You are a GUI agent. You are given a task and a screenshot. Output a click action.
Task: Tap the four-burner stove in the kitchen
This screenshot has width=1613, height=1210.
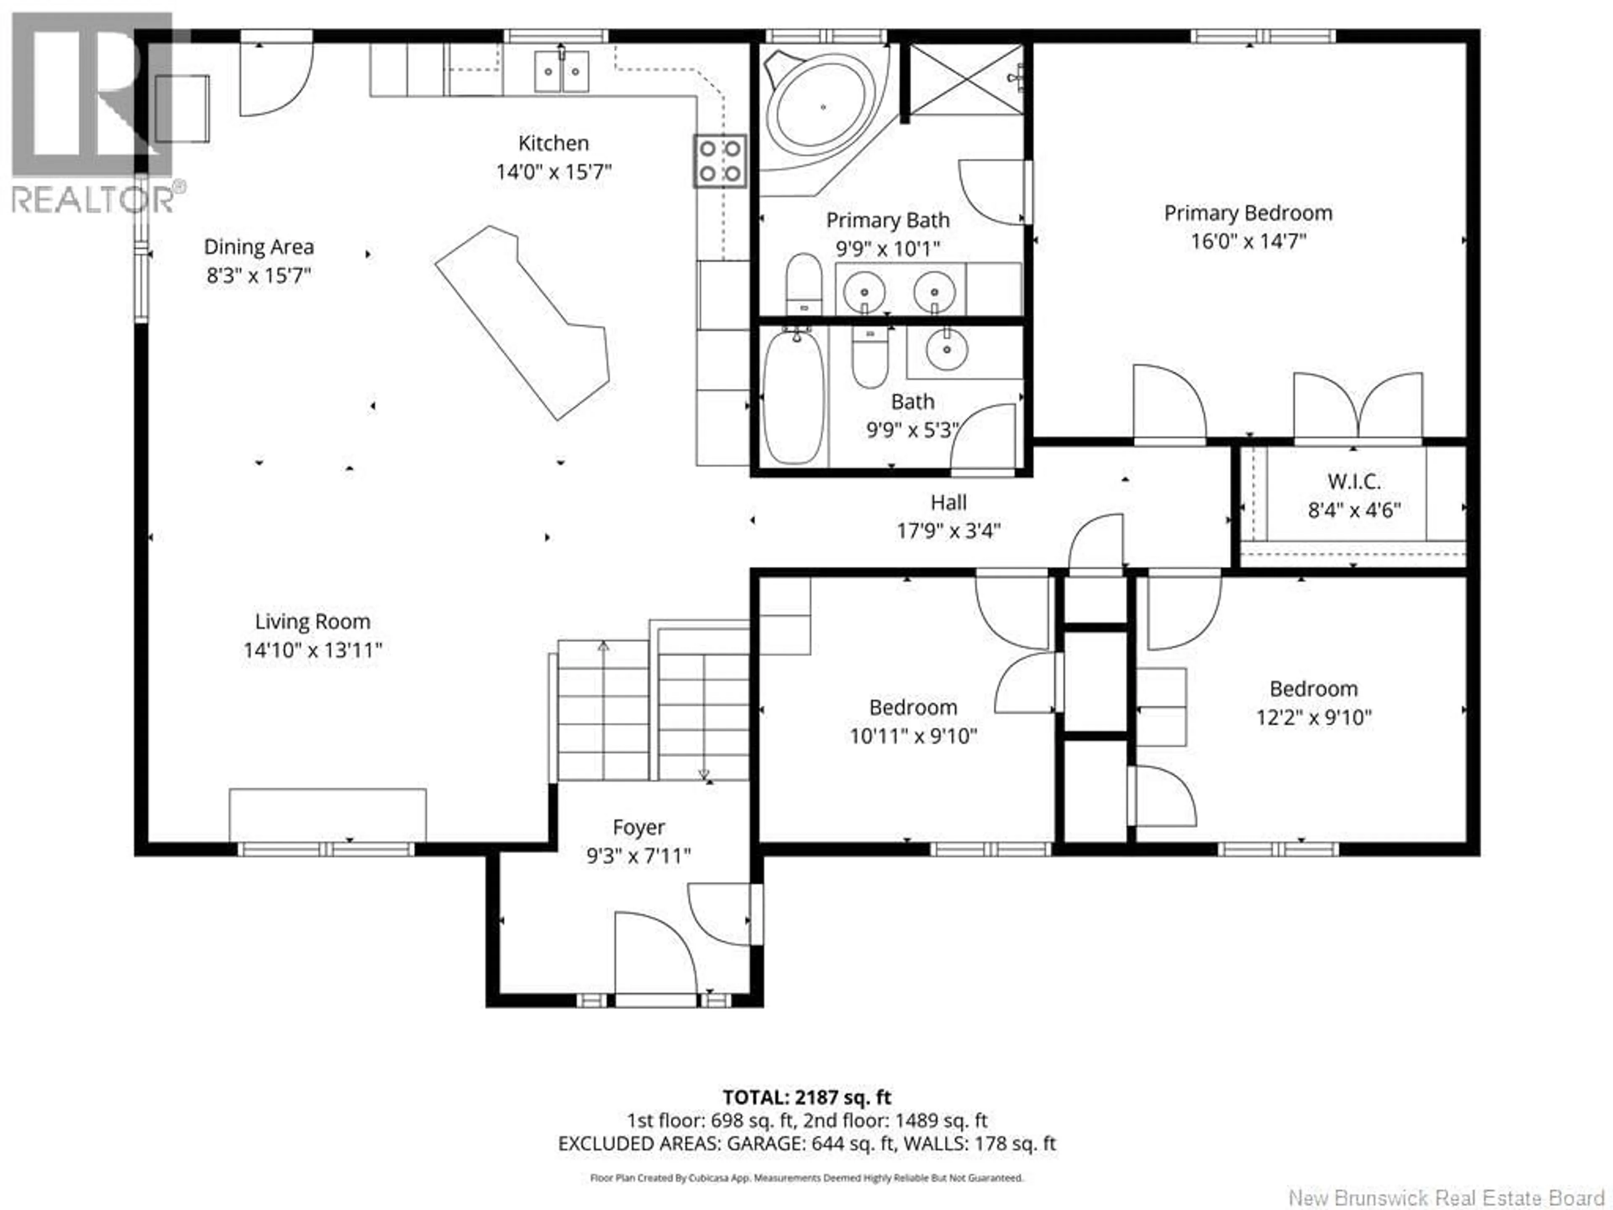pos(720,161)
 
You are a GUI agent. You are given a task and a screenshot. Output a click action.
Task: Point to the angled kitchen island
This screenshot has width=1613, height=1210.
pos(522,321)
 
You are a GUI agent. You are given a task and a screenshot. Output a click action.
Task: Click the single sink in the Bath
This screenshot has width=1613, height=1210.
pos(946,350)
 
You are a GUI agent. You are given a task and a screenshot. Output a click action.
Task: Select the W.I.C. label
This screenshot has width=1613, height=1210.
pos(1353,481)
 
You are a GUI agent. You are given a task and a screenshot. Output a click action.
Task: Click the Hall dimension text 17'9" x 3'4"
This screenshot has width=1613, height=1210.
pos(948,531)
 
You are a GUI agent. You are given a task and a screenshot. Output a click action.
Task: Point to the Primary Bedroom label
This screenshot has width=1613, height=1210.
pos(1248,213)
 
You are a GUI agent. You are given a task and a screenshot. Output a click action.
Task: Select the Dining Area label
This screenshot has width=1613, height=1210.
pos(259,247)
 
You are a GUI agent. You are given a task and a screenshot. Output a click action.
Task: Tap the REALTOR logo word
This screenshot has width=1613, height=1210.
pos(93,199)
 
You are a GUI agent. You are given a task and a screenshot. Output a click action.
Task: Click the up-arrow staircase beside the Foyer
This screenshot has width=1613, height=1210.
pos(603,711)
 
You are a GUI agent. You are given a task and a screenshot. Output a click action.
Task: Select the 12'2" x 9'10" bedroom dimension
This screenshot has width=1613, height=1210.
pos(1314,718)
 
